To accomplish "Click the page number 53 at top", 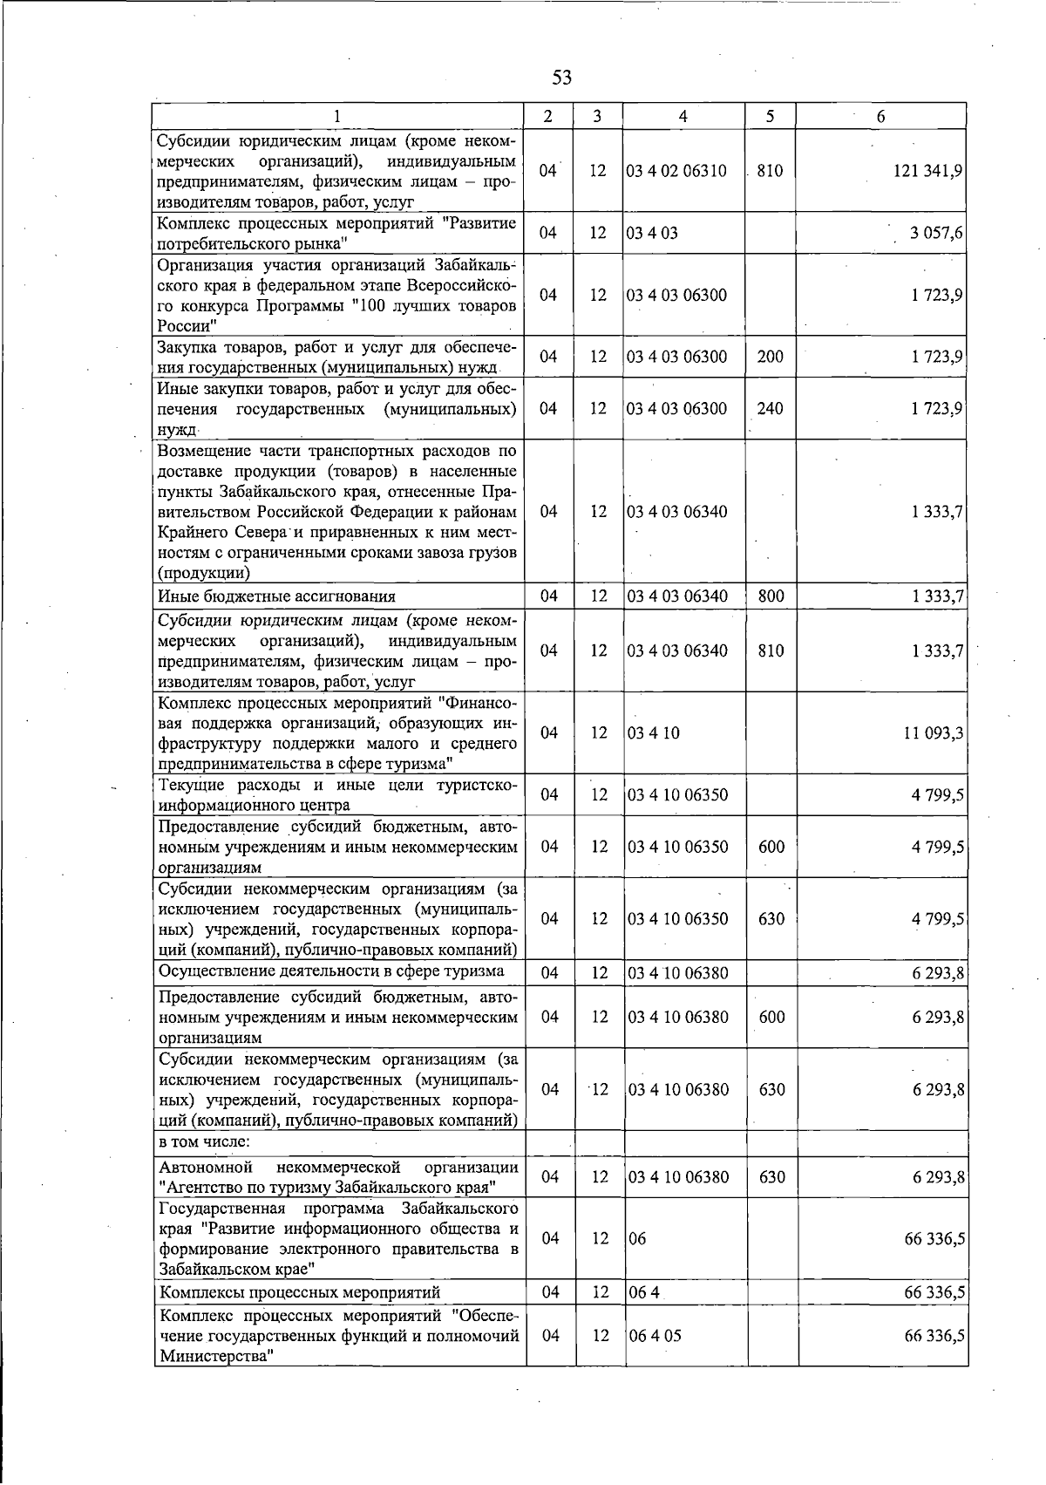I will (562, 78).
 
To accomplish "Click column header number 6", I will (880, 117).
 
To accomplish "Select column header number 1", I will (336, 117).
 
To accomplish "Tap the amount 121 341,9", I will (927, 172).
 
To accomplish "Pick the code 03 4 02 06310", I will (676, 172).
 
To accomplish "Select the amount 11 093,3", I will (933, 733).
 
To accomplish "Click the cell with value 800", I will (771, 597).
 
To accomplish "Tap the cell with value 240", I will (770, 409).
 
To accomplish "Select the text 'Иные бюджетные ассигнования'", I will (276, 597).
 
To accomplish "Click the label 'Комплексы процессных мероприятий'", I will (300, 1292).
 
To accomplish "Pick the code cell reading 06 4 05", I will (655, 1336).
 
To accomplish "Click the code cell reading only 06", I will (637, 1239).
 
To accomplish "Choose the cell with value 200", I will (771, 357).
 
